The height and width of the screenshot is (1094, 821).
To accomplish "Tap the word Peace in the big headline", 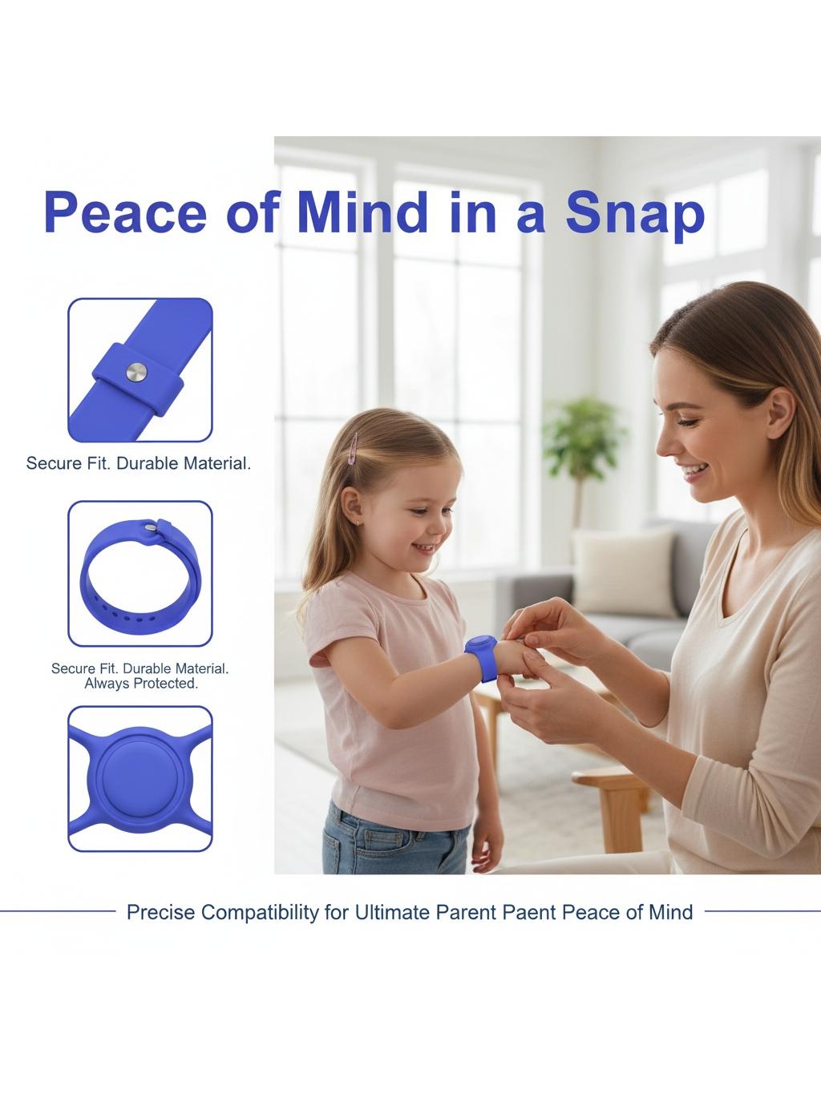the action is pos(125,213).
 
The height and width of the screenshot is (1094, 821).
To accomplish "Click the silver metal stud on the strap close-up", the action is pos(136,372).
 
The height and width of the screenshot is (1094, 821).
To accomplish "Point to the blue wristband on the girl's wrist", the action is pos(482,657).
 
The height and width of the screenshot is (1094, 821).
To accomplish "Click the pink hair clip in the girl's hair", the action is pos(354,448).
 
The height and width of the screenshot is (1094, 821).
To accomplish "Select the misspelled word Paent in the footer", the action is pos(529,912).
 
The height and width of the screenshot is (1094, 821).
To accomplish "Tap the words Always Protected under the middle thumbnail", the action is pos(141,684).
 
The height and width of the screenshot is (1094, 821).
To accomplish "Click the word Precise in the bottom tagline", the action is pos(160,912).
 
